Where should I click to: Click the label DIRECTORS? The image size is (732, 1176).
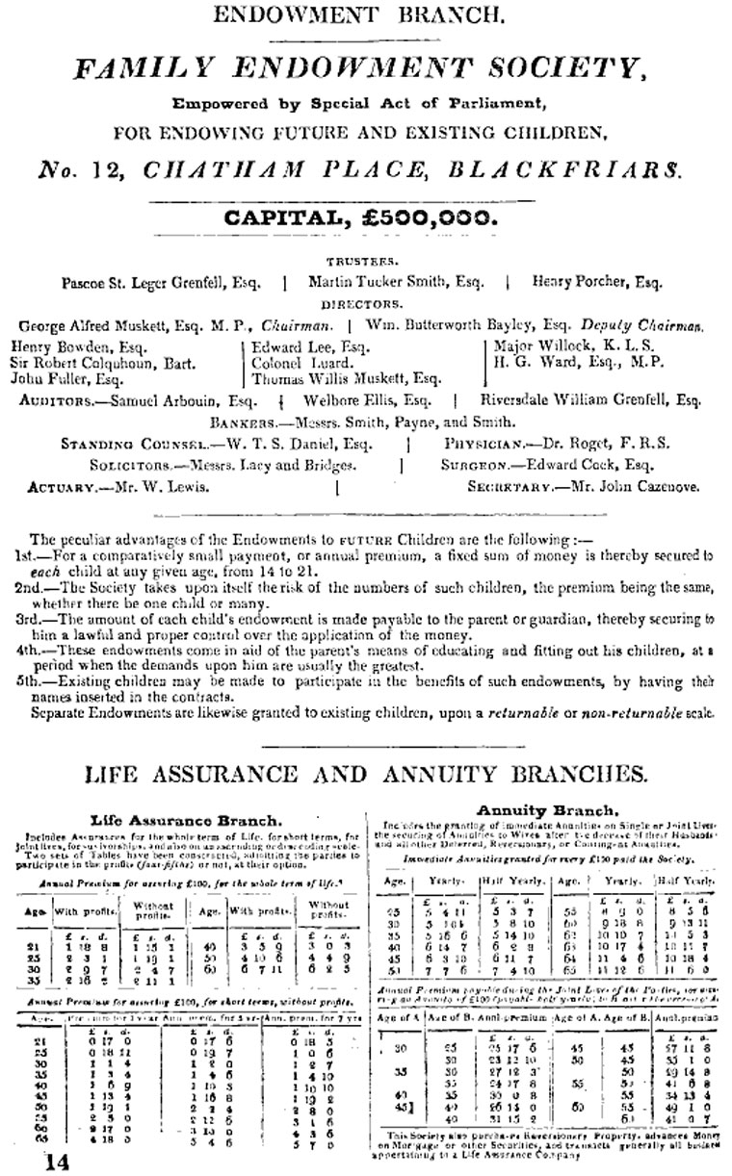367,303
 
